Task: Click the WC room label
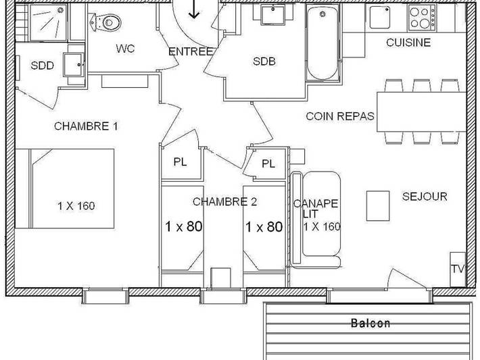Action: [x=124, y=49]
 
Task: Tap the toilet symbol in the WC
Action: [x=109, y=22]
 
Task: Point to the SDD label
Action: [x=42, y=66]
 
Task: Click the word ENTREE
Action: [x=191, y=51]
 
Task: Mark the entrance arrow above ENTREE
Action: [x=195, y=9]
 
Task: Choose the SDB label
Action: [x=264, y=61]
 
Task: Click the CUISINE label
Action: [x=408, y=43]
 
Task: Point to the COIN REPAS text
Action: [x=340, y=116]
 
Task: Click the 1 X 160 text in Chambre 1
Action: [x=76, y=206]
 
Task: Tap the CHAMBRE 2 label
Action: [x=225, y=201]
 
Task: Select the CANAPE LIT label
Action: [x=316, y=208]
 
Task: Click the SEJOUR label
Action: [x=425, y=197]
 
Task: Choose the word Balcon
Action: [x=370, y=323]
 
